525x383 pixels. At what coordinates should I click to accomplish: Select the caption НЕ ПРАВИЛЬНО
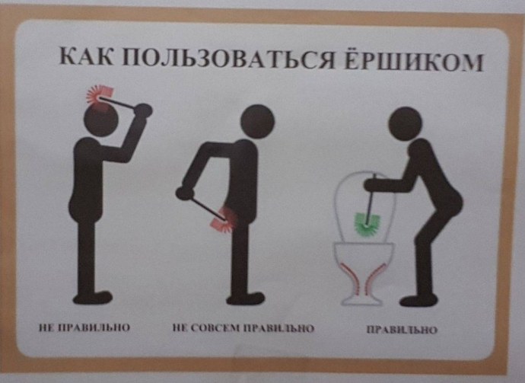pyautogui.click(x=84, y=329)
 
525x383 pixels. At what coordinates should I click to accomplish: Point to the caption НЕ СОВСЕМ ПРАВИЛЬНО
pyautogui.click(x=243, y=330)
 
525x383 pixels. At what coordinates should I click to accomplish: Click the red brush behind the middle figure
pyautogui.click(x=225, y=219)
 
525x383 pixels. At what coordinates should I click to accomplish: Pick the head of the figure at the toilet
pyautogui.click(x=405, y=123)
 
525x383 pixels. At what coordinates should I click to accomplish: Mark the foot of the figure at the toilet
pyautogui.click(x=418, y=300)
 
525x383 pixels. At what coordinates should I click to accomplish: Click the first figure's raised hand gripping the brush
pyautogui.click(x=143, y=111)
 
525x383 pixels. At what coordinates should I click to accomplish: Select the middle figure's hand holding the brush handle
pyautogui.click(x=183, y=192)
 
